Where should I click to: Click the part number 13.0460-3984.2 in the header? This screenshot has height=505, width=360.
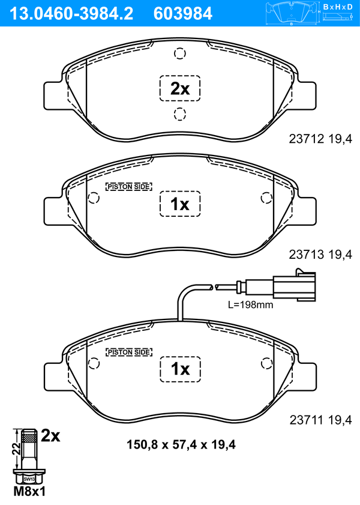click(x=71, y=14)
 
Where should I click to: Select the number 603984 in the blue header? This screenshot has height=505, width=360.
click(x=183, y=14)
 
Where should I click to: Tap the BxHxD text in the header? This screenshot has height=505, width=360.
click(x=338, y=7)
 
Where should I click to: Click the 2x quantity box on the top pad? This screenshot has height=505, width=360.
click(x=180, y=88)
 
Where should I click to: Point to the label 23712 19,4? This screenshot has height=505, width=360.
click(x=320, y=139)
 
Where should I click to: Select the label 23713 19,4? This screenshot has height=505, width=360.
click(x=320, y=255)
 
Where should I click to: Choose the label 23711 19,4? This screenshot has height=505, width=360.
click(x=320, y=420)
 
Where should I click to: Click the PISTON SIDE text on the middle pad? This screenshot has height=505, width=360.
click(x=128, y=187)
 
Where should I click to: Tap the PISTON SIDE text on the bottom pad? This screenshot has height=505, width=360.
click(x=128, y=352)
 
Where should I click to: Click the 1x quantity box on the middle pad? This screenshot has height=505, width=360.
click(x=180, y=204)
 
